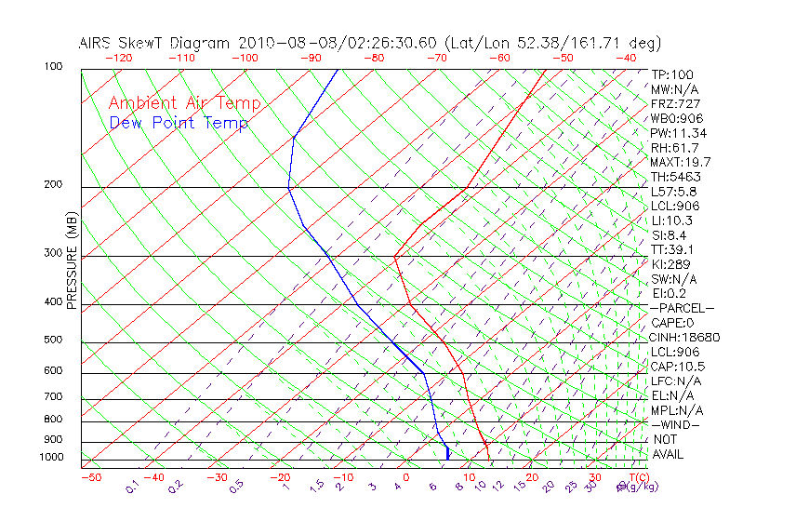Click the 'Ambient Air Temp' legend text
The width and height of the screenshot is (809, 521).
click(184, 104)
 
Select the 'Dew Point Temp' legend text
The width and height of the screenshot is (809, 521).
click(178, 124)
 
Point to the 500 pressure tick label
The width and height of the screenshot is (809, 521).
click(53, 341)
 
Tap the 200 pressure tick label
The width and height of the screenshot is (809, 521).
click(53, 185)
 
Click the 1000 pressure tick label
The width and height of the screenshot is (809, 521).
click(51, 458)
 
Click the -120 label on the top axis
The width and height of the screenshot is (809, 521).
click(118, 58)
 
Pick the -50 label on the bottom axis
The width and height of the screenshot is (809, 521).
click(90, 477)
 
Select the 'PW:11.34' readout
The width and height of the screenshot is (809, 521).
click(679, 133)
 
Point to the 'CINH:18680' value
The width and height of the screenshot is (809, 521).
click(685, 338)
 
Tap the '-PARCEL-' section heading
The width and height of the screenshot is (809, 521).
click(682, 308)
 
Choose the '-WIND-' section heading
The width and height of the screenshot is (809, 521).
click(675, 424)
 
